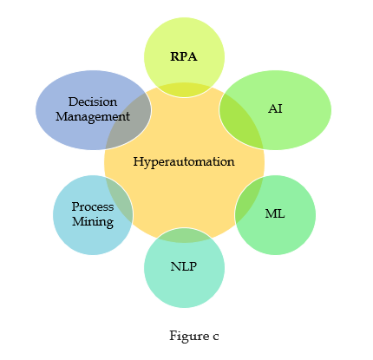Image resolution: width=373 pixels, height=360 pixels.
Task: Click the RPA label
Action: click(184, 56)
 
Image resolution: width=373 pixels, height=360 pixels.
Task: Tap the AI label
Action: click(275, 108)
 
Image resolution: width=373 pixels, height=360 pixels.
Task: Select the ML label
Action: click(275, 213)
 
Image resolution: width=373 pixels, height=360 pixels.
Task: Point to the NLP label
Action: click(184, 266)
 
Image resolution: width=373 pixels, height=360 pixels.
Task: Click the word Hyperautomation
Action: click(184, 161)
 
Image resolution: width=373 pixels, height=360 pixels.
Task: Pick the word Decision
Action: click(93, 101)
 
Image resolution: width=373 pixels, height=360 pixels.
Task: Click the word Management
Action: click(93, 117)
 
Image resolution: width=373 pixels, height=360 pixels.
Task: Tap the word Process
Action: click(93, 206)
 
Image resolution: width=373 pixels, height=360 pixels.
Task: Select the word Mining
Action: click(93, 222)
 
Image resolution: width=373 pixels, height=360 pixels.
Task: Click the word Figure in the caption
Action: click(189, 336)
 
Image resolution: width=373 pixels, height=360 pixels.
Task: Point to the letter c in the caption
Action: click(216, 337)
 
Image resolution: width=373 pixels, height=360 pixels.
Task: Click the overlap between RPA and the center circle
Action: click(184, 90)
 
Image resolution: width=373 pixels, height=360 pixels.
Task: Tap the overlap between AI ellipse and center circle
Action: click(242, 120)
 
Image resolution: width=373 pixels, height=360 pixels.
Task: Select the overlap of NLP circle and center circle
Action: click(184, 235)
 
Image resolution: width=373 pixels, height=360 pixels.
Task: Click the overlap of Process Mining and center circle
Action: click(120, 200)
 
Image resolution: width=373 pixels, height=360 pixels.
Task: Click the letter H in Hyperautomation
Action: click(138, 161)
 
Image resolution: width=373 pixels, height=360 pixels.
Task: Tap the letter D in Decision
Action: click(73, 101)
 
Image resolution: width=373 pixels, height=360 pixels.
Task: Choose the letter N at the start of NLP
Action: click(175, 266)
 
